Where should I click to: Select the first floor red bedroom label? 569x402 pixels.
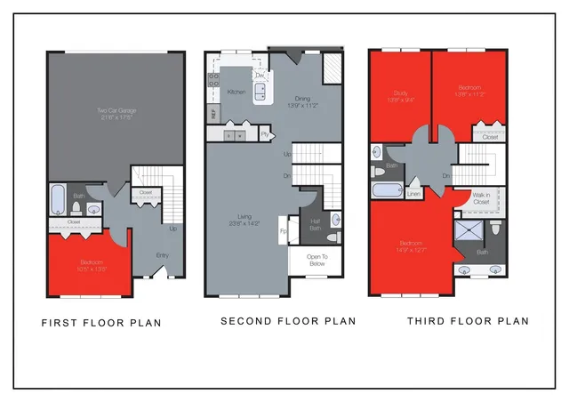91,264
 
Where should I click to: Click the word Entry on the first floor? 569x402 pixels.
163,255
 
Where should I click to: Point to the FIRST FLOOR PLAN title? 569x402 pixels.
101,322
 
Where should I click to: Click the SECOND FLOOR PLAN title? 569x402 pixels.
288,321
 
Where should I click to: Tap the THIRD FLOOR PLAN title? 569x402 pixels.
468,321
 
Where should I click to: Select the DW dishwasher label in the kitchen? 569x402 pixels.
259,76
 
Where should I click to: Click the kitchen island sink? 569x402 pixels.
262,93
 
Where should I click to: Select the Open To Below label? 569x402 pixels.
314,260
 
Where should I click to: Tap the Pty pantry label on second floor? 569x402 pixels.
265,133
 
